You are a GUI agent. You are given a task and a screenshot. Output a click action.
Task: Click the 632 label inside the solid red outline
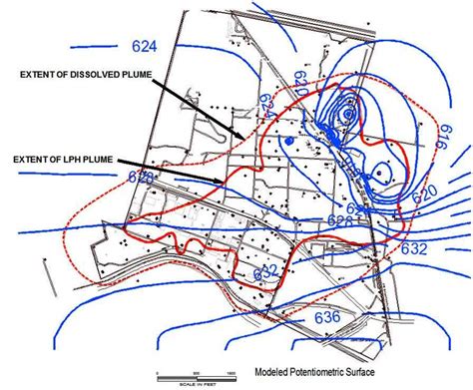click(266, 270)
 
